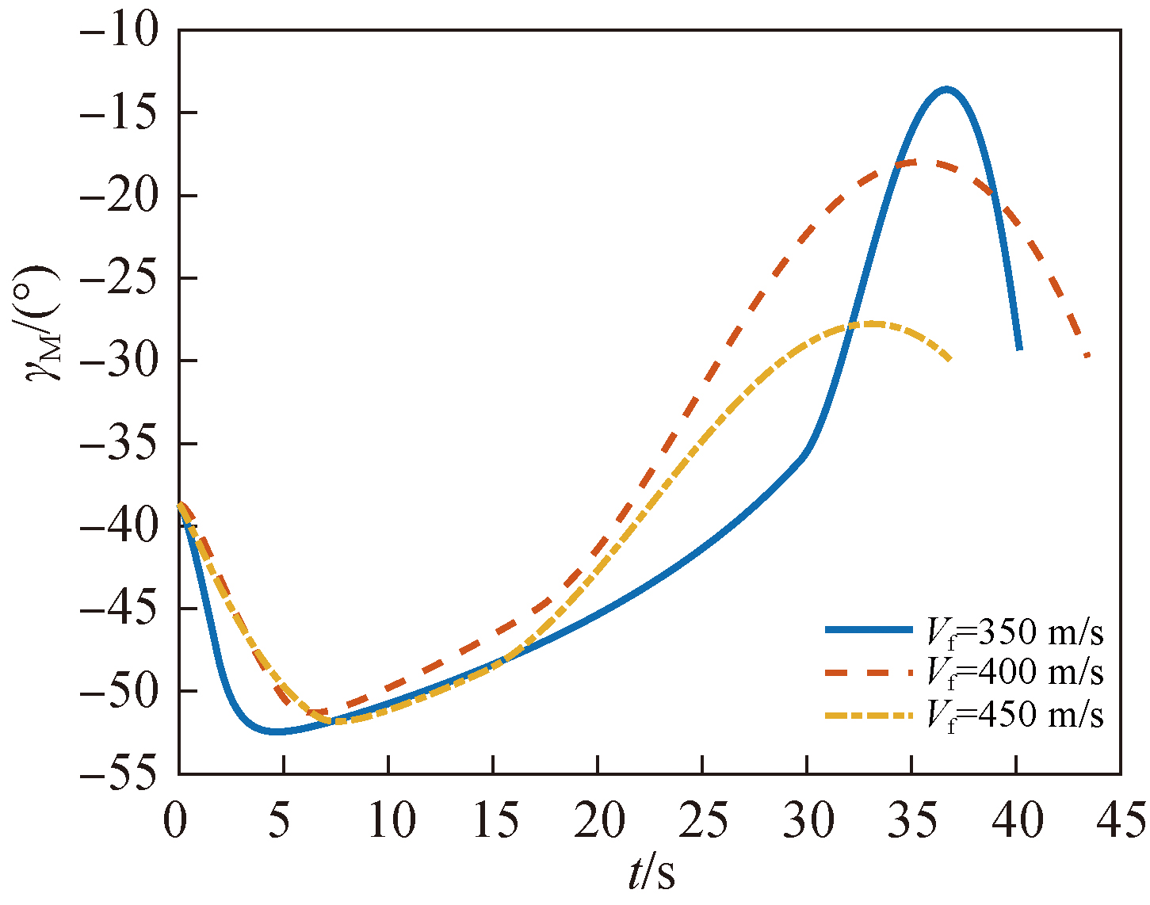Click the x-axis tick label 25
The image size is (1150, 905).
(x=703, y=821)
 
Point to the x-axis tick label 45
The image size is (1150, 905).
(x=1119, y=821)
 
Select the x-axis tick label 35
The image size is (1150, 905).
(x=912, y=821)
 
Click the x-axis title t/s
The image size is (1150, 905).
(x=651, y=873)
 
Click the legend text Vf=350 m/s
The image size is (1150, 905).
(x=1014, y=632)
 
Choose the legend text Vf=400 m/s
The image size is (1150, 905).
(x=1014, y=673)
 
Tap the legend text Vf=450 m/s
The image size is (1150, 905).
(x=1014, y=715)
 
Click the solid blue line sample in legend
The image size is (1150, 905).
(x=869, y=631)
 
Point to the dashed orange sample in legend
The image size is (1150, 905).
(x=869, y=673)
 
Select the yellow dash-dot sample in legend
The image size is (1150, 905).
(x=869, y=716)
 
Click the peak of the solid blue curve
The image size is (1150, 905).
(x=946, y=89)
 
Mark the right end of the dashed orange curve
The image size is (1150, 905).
(x=1087, y=355)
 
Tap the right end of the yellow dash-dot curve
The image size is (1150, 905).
(x=949, y=360)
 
